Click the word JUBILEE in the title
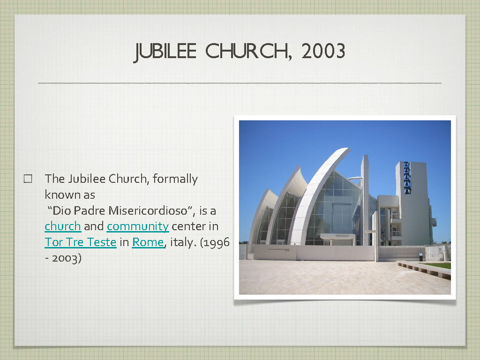click(x=165, y=51)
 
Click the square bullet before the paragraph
click(x=28, y=179)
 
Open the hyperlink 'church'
click(x=63, y=226)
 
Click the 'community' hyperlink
click(x=138, y=227)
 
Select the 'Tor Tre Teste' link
click(x=81, y=242)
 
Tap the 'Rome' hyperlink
click(x=148, y=242)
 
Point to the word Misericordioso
click(x=148, y=210)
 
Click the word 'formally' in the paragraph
click(x=175, y=179)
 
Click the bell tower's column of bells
click(x=407, y=178)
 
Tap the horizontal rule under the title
click(x=240, y=83)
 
